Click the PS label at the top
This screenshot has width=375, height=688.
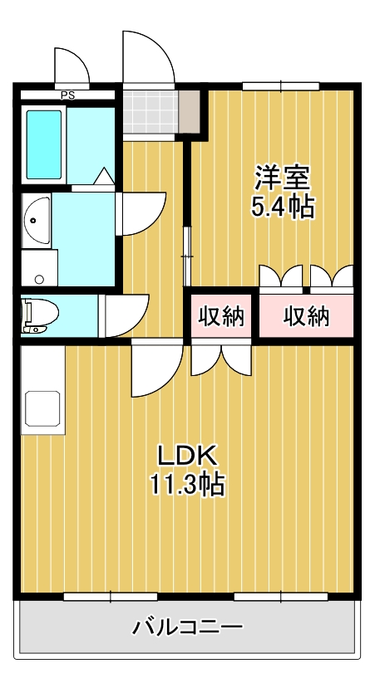click(67, 95)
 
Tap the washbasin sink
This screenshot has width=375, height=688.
click(36, 221)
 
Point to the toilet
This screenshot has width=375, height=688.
click(40, 315)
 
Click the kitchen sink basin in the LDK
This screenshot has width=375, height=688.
click(42, 407)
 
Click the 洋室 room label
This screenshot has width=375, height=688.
click(282, 178)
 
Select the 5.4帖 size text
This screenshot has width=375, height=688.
click(283, 207)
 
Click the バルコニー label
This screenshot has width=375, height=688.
click(188, 626)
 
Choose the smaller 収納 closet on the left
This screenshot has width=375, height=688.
click(222, 316)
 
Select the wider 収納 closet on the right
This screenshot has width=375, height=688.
click(306, 316)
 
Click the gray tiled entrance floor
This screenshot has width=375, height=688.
click(150, 111)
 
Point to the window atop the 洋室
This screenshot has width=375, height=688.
click(281, 86)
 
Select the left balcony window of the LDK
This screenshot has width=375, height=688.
click(111, 595)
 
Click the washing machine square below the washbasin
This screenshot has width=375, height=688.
click(39, 266)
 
